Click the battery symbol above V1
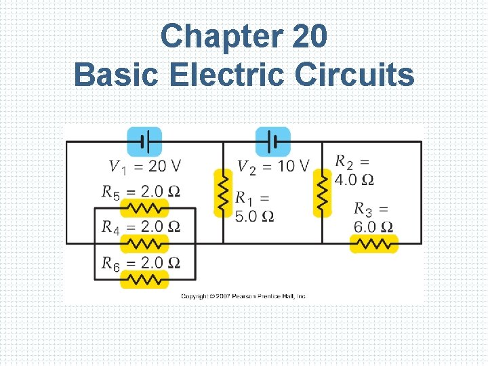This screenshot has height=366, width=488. point(144,142)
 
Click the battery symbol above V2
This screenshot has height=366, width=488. point(272,142)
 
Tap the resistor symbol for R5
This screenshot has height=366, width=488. point(144,207)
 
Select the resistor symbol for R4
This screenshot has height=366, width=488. point(144,243)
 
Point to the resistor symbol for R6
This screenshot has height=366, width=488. point(144,279)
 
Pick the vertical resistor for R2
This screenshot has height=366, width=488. point(322,192)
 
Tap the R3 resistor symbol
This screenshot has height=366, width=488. point(374,243)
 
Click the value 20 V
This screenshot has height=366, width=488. point(165,166)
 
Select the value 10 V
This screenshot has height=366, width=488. point(293,166)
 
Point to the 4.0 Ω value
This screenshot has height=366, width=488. point(354,180)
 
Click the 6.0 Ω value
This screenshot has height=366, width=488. point(373,227)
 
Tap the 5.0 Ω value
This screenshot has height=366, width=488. point(254,216)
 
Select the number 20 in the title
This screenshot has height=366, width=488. point(310,37)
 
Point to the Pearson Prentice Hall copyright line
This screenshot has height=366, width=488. point(244,296)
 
